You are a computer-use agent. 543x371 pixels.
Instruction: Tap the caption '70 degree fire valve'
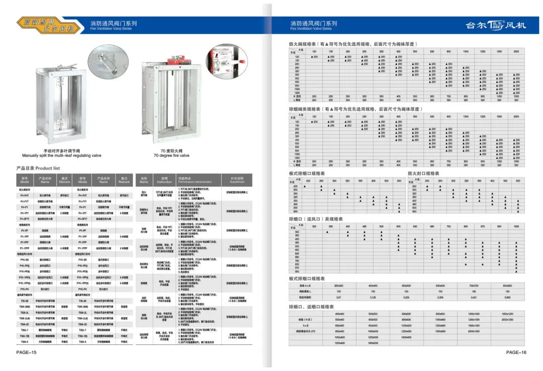coord(171,155)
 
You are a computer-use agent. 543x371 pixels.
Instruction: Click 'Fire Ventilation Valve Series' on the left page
coord(111,29)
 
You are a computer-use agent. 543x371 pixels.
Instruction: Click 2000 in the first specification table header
coord(516,52)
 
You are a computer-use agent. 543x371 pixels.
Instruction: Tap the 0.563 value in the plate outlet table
coord(507,298)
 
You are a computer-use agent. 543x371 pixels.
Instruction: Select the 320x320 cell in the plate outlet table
coord(338,286)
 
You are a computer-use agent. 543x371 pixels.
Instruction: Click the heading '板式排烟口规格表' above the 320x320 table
coord(307,279)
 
